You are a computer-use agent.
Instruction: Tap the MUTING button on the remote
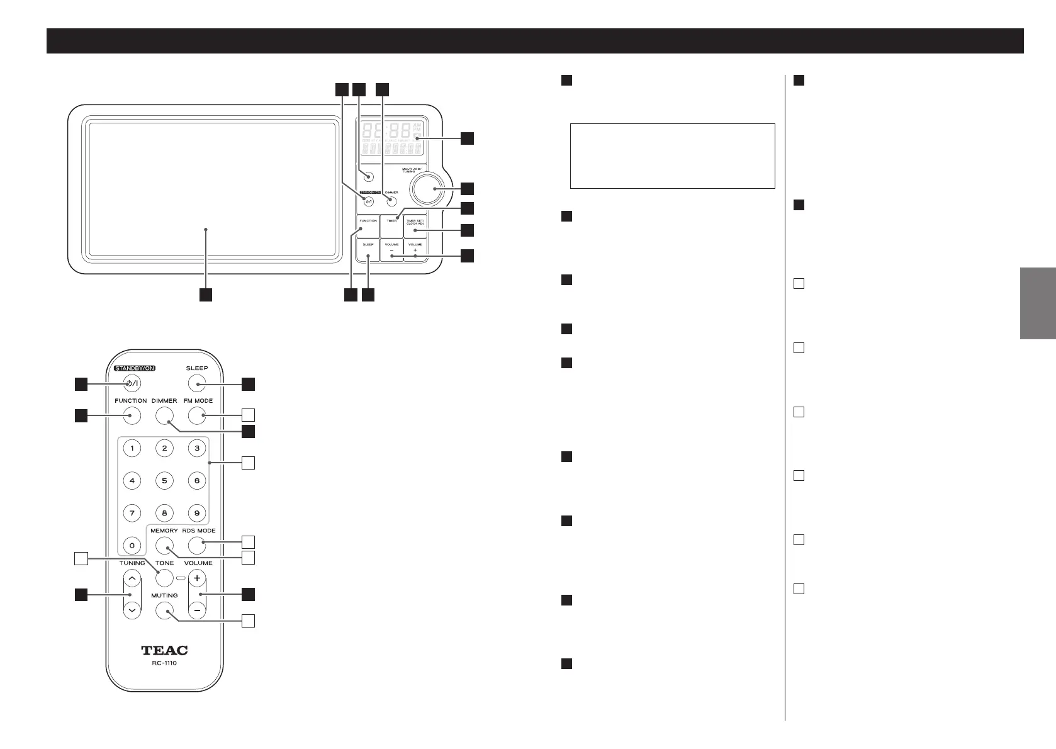point(164,610)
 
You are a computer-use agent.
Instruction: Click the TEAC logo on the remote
point(164,650)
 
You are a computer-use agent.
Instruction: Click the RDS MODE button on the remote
point(197,545)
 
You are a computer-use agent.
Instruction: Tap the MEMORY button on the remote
point(164,545)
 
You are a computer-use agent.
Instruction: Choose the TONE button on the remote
point(164,578)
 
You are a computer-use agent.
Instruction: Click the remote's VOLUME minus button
point(197,610)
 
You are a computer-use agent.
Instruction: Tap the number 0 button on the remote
point(132,545)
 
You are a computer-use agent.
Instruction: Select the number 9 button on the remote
point(197,513)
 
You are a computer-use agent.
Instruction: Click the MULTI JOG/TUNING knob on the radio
point(425,188)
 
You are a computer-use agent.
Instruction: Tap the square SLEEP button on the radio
point(368,250)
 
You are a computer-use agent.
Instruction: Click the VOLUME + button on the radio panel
point(415,250)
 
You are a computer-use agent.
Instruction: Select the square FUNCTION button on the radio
point(368,226)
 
